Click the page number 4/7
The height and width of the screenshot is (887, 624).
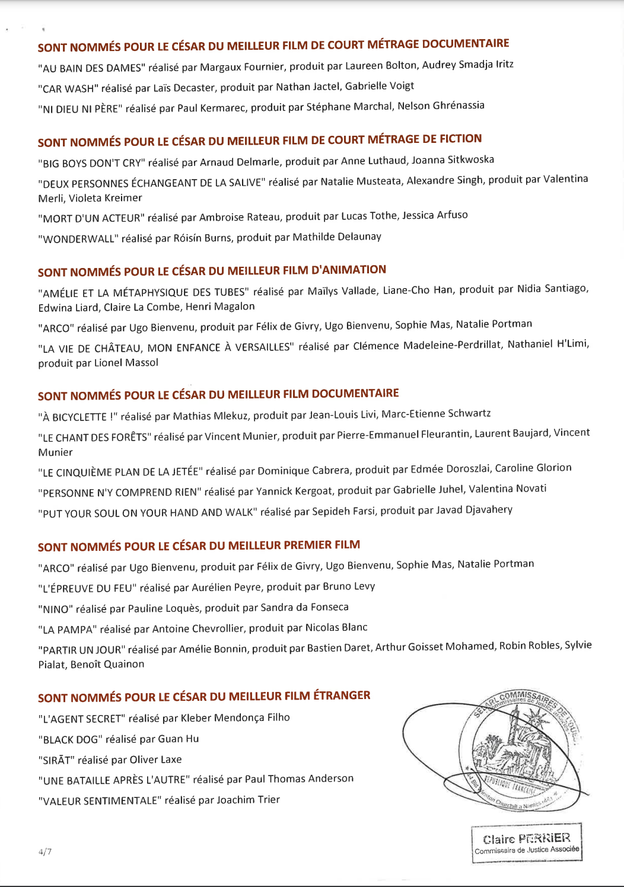(x=45, y=852)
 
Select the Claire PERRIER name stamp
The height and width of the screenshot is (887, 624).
(x=527, y=843)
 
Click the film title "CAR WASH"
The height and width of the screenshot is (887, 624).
(x=68, y=89)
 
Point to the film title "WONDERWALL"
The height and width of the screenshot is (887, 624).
(x=78, y=239)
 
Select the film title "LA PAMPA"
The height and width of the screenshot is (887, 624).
(x=66, y=629)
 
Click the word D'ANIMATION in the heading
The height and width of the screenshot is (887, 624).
(x=349, y=270)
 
